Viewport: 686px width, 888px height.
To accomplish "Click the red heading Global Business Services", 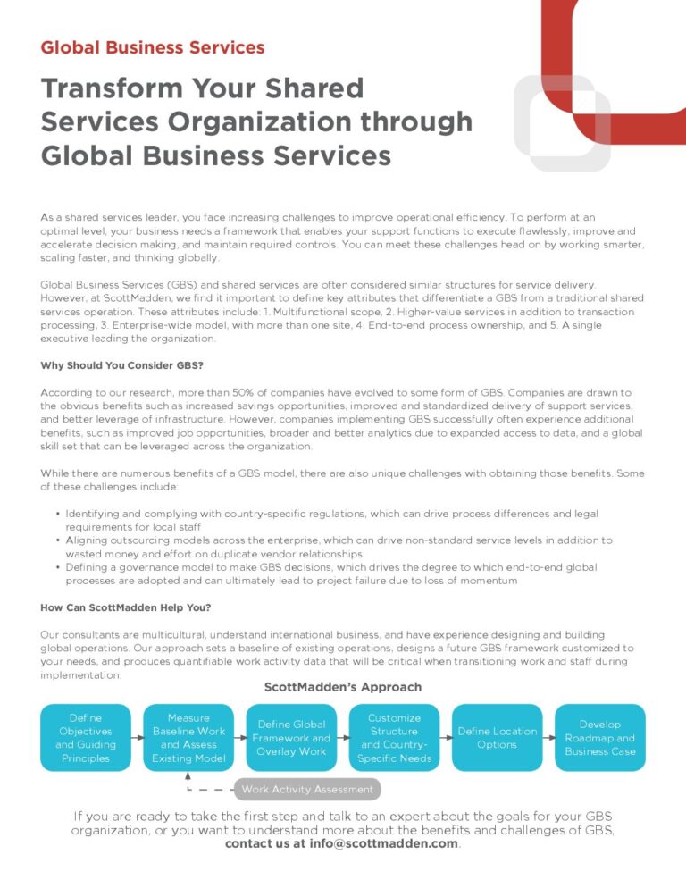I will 152,47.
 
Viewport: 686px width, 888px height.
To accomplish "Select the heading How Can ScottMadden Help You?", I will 125,608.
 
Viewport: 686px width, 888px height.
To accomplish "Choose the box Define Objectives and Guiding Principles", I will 85,738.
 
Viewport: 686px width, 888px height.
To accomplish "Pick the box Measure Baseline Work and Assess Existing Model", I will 188,738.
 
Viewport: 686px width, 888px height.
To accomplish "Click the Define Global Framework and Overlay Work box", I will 291,738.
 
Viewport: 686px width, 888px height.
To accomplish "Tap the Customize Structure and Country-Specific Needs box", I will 394,738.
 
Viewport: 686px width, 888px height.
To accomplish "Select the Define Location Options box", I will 498,738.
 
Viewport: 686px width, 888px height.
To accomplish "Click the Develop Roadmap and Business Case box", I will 600,738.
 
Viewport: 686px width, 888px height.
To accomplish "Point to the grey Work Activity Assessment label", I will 307,789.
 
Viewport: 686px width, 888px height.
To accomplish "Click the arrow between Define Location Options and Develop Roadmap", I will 548,738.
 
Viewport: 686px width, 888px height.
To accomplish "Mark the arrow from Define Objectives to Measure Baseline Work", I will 137,738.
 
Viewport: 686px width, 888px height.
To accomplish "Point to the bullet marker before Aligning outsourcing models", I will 58,540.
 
